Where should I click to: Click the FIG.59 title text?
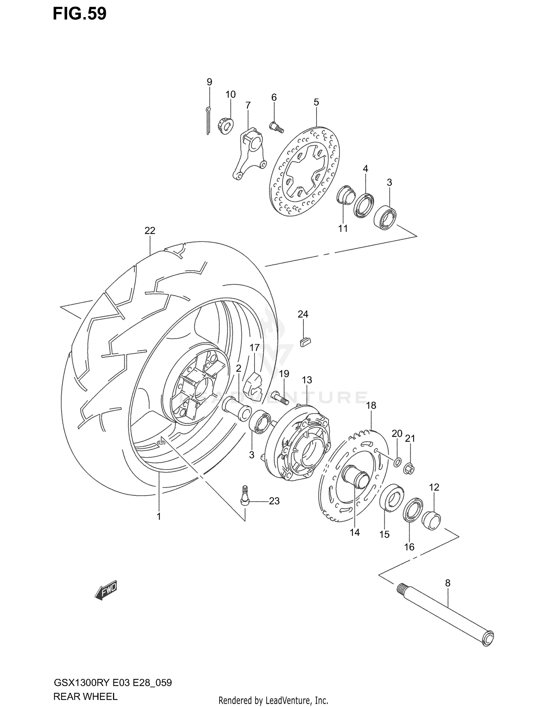79,14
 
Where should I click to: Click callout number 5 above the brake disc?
316,102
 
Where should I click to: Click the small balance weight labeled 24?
304,342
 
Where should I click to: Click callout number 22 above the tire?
150,231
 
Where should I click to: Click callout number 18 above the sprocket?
371,405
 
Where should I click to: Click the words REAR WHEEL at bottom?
85,697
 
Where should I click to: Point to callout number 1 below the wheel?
159,516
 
